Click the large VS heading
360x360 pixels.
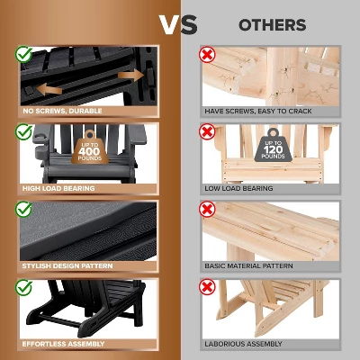pos(180,24)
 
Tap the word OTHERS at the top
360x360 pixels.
pos(272,25)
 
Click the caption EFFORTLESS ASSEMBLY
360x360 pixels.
pos(63,344)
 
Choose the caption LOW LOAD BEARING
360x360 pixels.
pos(238,188)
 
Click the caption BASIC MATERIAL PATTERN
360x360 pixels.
pos(251,266)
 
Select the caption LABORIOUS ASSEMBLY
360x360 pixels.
pos(243,344)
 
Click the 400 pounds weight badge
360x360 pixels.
pos(90,148)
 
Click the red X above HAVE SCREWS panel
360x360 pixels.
pos(207,53)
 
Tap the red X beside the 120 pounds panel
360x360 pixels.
pos(207,131)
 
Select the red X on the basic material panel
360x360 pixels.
pos(207,209)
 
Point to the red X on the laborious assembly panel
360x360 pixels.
pos(207,287)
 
